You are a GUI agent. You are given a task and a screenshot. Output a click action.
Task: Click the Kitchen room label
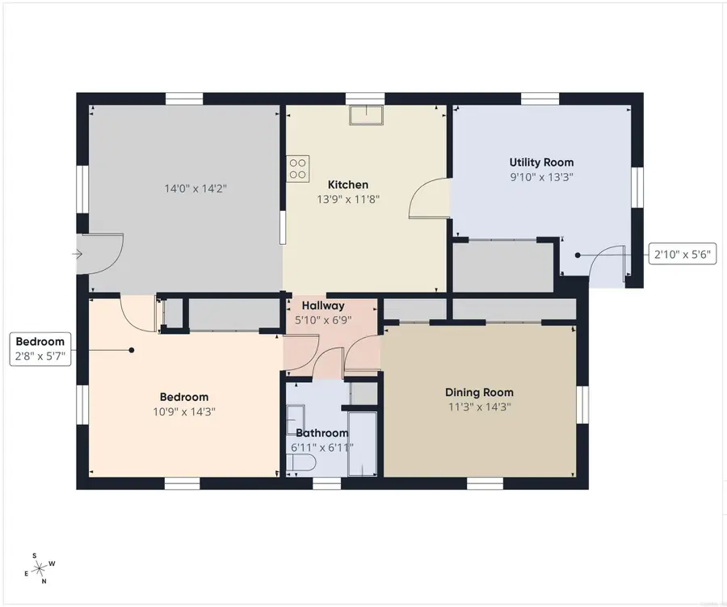pyautogui.click(x=347, y=185)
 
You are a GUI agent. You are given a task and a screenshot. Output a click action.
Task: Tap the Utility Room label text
pyautogui.click(x=541, y=162)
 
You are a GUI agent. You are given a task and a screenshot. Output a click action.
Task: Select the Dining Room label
pyautogui.click(x=479, y=393)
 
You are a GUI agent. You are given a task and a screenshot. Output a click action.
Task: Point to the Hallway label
pyautogui.click(x=323, y=306)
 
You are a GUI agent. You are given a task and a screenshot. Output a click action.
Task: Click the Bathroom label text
pyautogui.click(x=321, y=433)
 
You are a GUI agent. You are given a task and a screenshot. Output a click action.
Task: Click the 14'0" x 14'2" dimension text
pyautogui.click(x=195, y=188)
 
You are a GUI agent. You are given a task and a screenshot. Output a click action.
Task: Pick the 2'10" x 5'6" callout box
pyautogui.click(x=682, y=255)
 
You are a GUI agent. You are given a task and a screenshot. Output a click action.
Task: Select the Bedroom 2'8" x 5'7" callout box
pyautogui.click(x=40, y=349)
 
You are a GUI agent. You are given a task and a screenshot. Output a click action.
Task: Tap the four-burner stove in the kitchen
pyautogui.click(x=297, y=169)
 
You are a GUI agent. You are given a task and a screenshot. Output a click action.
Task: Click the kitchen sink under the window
pyautogui.click(x=366, y=115)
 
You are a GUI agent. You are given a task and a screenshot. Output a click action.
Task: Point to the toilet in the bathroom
pyautogui.click(x=300, y=463)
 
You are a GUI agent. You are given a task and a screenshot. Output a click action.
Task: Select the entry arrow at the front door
pyautogui.click(x=77, y=254)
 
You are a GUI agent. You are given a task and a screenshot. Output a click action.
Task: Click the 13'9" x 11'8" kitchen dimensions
pyautogui.click(x=348, y=200)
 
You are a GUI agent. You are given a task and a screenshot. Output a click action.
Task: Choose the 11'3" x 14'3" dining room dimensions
pyautogui.click(x=479, y=407)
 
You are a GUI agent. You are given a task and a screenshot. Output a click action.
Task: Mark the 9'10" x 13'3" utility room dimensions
pyautogui.click(x=541, y=177)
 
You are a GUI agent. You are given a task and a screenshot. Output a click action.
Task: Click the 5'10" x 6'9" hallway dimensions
pyautogui.click(x=323, y=320)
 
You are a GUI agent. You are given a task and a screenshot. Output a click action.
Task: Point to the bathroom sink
pyautogui.click(x=295, y=419)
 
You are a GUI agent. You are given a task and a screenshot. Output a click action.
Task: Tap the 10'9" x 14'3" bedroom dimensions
pyautogui.click(x=184, y=411)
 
